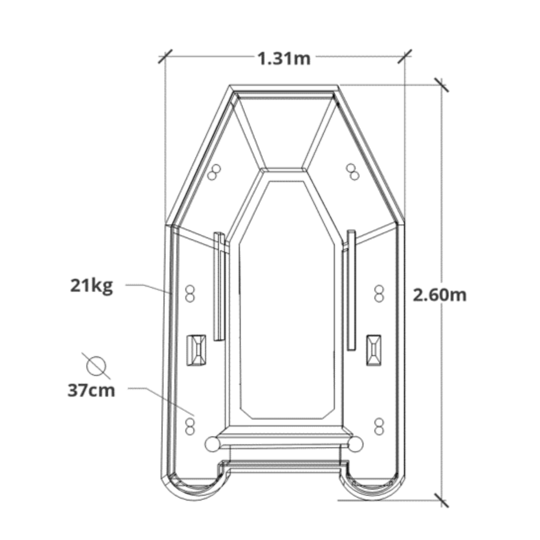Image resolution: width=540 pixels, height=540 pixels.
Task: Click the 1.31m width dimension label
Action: pos(283,59)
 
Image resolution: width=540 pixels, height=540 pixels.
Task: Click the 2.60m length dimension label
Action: pos(440,295)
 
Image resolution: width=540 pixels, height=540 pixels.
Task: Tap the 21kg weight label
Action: pos(92,286)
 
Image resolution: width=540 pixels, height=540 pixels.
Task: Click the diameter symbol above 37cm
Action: pos(96,366)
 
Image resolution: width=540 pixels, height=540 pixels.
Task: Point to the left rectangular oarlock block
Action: pos(196,350)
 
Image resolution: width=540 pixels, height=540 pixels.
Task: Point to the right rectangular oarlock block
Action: pos(374,350)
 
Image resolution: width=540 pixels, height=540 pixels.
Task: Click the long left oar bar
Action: pos(219,286)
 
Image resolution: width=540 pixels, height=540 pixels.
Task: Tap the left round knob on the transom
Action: pos(212,444)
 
